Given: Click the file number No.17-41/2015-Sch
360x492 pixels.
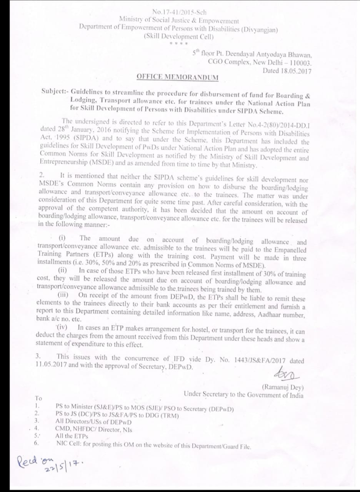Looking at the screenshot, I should pyautogui.click(x=179, y=12).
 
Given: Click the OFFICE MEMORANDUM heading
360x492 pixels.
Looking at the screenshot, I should pyautogui.click(x=178, y=77).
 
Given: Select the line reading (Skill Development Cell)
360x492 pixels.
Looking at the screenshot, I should pyautogui.click(x=178, y=37).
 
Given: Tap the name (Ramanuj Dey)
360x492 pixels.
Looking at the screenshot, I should pyautogui.click(x=283, y=387).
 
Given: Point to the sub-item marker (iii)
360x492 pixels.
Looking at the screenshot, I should pyautogui.click(x=63, y=295).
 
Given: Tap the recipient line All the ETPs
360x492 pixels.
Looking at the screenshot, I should pyautogui.click(x=72, y=436).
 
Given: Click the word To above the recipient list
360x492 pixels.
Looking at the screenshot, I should pyautogui.click(x=38, y=398).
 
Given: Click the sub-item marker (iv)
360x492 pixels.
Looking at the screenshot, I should pyautogui.click(x=62, y=327).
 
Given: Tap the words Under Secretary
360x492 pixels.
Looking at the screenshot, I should pyautogui.click(x=205, y=394).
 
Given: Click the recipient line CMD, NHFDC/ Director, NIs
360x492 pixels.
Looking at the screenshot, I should pyautogui.click(x=93, y=429).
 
